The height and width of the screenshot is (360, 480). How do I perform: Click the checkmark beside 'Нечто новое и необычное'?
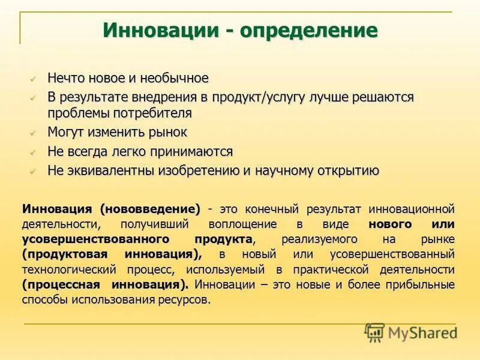pos(34,78)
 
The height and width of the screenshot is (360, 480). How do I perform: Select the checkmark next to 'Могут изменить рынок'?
pos(34,132)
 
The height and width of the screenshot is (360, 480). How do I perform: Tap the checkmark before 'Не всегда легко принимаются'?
pos(34,151)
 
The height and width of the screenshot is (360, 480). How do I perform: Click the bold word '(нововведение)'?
pos(150,209)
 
